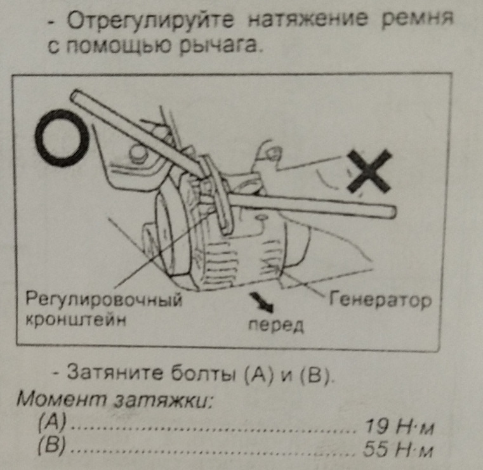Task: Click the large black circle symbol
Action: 62,136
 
